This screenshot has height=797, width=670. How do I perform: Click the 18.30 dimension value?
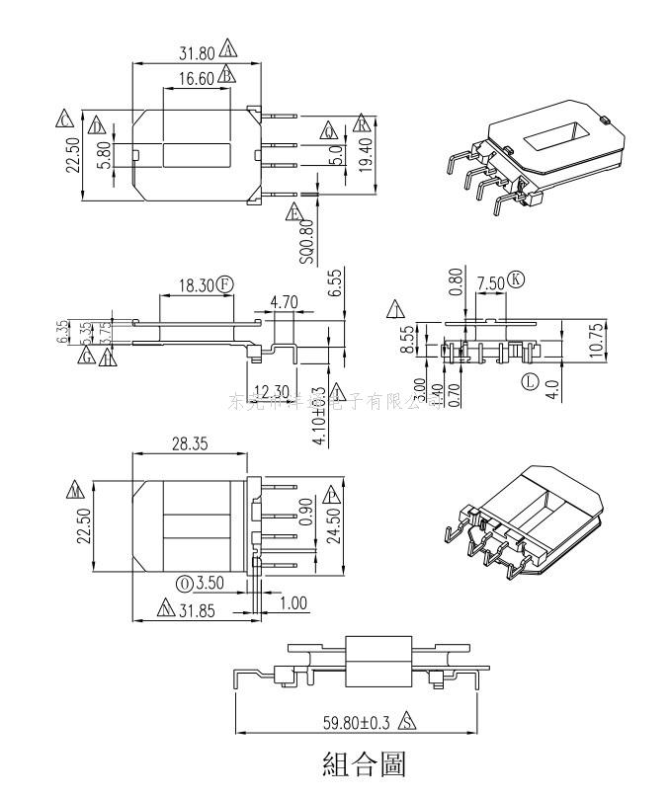tap(197, 286)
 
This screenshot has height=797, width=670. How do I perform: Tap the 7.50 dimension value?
tap(491, 284)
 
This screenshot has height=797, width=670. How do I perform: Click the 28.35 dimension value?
tap(189, 445)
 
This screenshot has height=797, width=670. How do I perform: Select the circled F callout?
tap(225, 286)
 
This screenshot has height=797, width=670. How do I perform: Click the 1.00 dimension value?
tap(293, 602)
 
